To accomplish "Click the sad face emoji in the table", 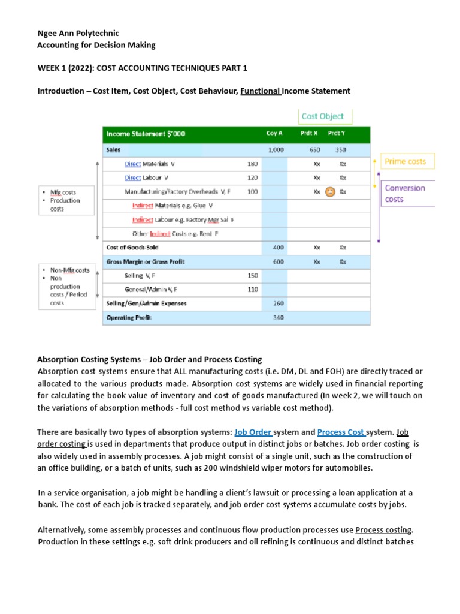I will tap(329, 192).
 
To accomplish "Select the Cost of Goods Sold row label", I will tap(132, 247).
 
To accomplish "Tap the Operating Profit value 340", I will tap(278, 317).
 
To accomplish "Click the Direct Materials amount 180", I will tap(252, 164).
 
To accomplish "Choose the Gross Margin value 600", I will tap(278, 261).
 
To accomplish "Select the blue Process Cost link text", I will tap(340, 432).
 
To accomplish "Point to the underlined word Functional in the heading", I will tap(261, 91).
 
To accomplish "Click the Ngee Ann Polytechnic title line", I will tap(78, 34).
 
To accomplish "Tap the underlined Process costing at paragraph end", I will tap(383, 530).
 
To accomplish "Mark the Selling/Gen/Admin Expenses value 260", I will tap(278, 303).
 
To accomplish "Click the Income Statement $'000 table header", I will tap(146, 134).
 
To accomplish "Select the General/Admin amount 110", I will tap(252, 290).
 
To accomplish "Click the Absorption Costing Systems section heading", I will tap(149, 360).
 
